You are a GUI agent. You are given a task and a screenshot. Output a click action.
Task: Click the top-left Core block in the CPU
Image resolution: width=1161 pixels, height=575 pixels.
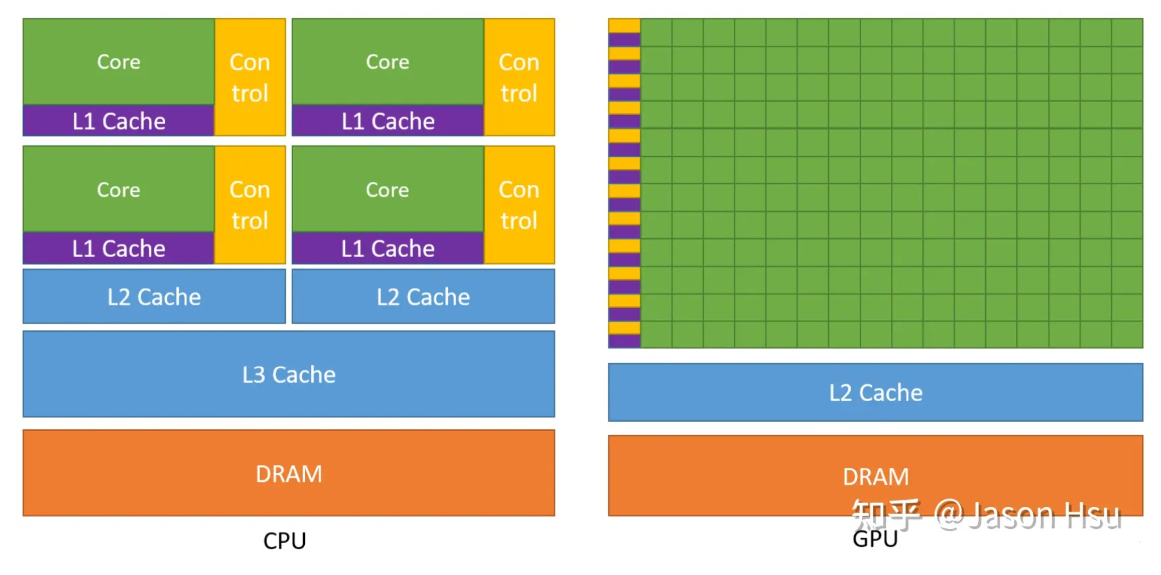[118, 62]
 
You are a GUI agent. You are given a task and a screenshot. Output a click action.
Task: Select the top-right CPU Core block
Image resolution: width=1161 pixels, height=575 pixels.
[388, 62]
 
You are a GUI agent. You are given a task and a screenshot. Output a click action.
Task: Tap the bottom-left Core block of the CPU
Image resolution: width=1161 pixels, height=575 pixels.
[118, 189]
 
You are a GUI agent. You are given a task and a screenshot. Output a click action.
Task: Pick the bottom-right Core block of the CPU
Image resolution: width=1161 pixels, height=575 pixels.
[388, 189]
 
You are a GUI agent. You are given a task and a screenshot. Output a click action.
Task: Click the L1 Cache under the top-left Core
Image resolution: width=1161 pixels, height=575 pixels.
[118, 121]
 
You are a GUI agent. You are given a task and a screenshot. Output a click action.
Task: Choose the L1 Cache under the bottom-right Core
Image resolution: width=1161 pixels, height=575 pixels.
[388, 248]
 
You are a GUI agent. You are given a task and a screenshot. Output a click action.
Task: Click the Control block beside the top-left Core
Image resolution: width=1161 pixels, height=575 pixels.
[250, 77]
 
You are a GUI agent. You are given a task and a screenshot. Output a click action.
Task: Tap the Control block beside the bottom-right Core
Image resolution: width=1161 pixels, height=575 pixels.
[519, 205]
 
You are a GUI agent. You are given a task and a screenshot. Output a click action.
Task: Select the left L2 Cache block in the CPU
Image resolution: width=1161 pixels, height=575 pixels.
[154, 296]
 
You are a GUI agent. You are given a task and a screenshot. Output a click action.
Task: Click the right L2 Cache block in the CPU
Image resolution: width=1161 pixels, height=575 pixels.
[424, 296]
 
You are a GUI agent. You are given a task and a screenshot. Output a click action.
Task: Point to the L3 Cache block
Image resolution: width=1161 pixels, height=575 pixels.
[289, 374]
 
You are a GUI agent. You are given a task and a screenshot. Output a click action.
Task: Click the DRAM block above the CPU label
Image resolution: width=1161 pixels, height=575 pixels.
[289, 473]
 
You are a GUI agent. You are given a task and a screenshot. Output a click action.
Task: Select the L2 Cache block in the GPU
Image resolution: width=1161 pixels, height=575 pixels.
[876, 392]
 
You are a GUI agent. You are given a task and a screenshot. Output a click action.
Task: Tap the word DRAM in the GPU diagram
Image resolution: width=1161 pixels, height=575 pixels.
[876, 476]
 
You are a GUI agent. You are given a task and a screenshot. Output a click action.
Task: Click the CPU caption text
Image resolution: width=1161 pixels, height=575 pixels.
[284, 541]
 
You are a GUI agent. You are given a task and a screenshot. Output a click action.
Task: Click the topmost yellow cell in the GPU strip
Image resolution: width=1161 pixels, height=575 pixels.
[624, 25]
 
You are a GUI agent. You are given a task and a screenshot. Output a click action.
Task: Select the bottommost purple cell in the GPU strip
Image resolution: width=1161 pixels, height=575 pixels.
[624, 341]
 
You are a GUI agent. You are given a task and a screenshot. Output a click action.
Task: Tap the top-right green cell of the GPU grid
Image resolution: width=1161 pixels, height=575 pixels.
[1127, 32]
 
